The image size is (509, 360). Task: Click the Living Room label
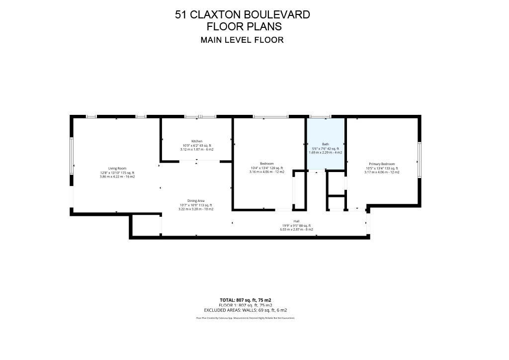click(117, 168)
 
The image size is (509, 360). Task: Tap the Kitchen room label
click(196, 141)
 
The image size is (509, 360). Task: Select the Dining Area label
click(196, 201)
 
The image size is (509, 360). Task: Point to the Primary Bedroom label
click(382, 164)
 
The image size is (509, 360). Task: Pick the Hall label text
click(296, 221)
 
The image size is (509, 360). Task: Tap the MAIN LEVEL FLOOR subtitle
click(242, 40)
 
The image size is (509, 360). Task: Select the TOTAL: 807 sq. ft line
click(246, 300)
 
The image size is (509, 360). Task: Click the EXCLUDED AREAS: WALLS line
click(246, 310)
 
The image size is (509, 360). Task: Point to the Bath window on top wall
click(320, 116)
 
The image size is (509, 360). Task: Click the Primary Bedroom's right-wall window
click(420, 160)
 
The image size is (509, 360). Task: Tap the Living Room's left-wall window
click(72, 156)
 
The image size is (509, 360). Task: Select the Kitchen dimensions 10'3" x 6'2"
click(196, 145)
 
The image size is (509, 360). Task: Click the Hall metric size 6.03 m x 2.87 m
click(296, 230)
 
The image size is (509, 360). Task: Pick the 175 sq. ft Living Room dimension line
click(117, 173)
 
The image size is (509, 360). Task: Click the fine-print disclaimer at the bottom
click(246, 317)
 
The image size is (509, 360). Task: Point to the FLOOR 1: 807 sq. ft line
click(246, 305)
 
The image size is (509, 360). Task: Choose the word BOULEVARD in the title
click(278, 15)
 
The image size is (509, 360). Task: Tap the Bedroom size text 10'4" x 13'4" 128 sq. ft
click(267, 168)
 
